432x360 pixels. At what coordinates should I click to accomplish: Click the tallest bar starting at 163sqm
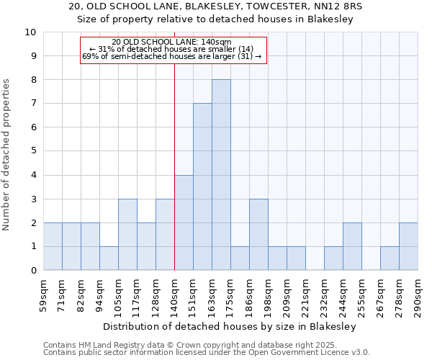(x=221, y=175)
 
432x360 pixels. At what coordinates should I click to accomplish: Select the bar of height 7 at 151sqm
(x=202, y=187)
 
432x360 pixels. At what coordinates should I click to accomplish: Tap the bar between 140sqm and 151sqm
(x=184, y=222)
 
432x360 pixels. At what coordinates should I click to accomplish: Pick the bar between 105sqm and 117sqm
(x=127, y=235)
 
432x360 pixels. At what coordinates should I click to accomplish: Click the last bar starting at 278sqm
(x=408, y=246)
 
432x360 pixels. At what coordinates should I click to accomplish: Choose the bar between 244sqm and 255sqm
(x=352, y=246)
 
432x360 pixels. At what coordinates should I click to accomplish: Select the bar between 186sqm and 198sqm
(x=258, y=235)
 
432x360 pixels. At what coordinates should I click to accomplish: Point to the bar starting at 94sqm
(x=109, y=258)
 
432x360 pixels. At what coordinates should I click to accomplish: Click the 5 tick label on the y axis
(x=32, y=151)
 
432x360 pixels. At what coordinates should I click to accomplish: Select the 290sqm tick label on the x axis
(x=418, y=295)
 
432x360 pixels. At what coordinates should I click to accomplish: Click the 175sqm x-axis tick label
(x=231, y=295)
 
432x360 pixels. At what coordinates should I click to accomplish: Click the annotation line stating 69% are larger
(x=172, y=56)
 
